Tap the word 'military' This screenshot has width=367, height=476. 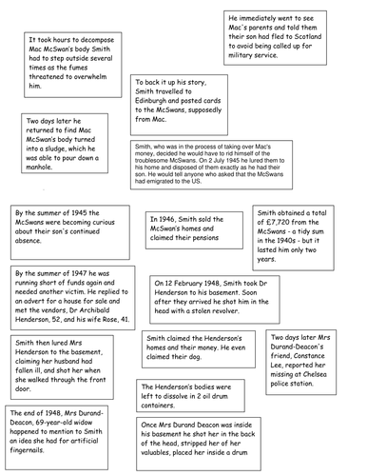[x=252, y=68]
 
